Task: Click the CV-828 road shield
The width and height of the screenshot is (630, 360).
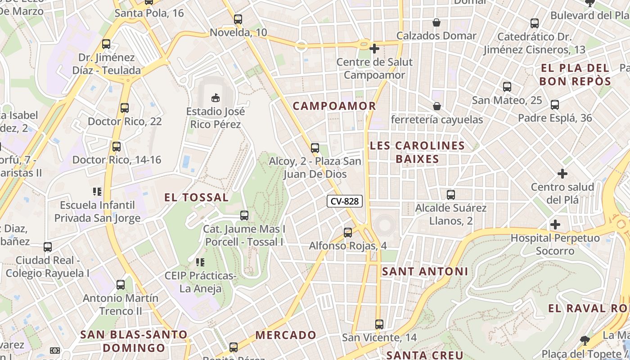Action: pos(345,201)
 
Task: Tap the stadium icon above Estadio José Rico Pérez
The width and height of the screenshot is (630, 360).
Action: pos(216,97)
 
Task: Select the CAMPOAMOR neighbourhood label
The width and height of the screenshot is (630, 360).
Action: pos(334,106)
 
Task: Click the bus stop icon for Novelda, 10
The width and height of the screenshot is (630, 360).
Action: pos(238,19)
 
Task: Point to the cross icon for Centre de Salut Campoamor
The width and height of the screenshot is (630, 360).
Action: pos(374,48)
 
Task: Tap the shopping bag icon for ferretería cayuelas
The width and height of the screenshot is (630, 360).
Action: pos(436,106)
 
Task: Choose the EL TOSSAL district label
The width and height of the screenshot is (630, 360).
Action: pos(196,198)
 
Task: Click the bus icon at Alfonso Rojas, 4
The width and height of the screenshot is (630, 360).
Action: pos(348,233)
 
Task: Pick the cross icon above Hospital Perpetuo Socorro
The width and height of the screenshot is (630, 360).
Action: pos(555,224)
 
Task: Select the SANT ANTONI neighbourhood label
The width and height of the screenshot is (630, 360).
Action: pos(425,271)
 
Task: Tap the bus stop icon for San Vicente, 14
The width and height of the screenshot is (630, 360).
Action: pos(379,324)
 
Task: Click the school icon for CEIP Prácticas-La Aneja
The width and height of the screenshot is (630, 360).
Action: pos(200,262)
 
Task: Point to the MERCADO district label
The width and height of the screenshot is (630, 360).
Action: pos(286,335)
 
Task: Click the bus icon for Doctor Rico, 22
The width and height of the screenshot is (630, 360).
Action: pos(125,108)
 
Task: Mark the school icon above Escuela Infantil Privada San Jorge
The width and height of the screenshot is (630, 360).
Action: pos(97,192)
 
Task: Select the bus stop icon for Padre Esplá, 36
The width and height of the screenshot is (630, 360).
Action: pos(555,105)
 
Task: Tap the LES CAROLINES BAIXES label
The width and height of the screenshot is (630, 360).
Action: pos(417,152)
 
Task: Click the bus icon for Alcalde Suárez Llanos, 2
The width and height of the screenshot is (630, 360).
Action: pos(451,195)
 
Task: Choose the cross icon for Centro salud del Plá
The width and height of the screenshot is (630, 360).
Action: pos(562,173)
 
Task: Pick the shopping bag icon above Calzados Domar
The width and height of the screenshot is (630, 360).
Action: pos(436,22)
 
